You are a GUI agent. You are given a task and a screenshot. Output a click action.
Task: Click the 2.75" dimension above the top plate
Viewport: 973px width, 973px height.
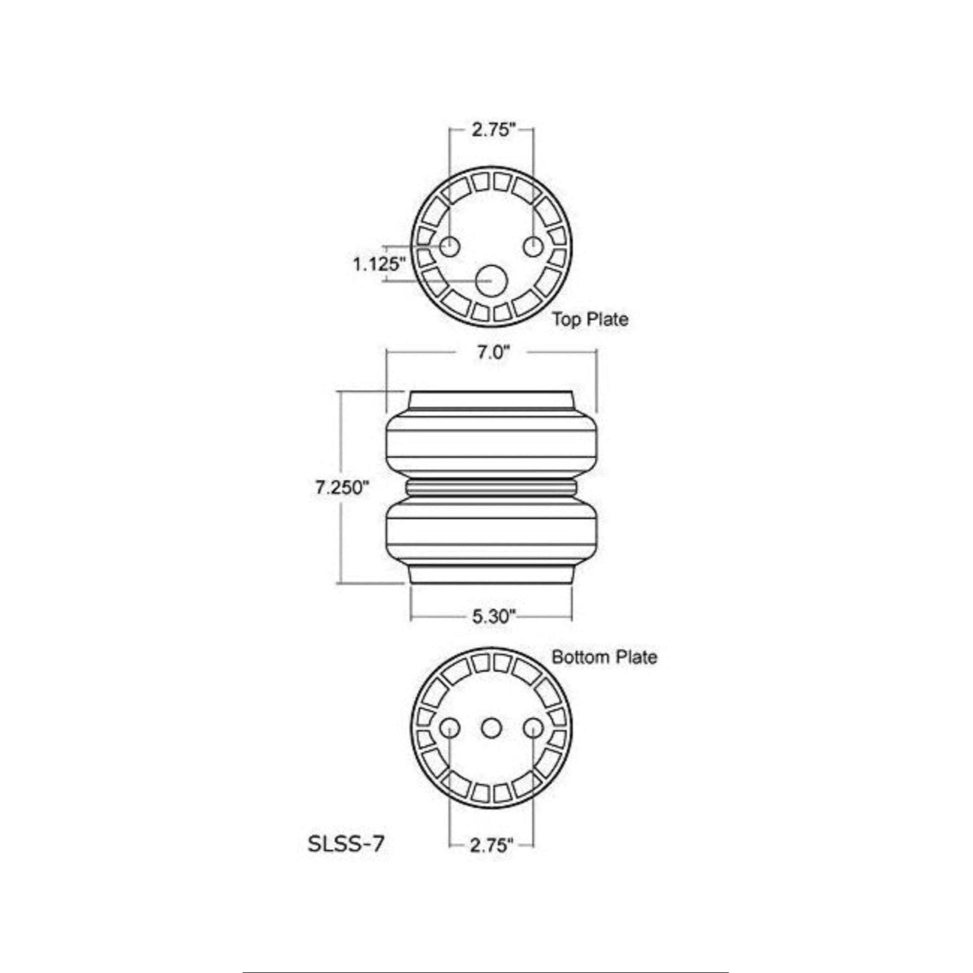pos(491,130)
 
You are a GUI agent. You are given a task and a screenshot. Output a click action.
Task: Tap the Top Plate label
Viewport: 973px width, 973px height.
pos(590,319)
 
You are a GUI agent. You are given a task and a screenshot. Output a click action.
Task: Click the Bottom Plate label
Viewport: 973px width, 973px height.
pos(604,657)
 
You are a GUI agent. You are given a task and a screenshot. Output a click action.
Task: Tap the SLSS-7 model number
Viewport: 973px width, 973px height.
pos(345,844)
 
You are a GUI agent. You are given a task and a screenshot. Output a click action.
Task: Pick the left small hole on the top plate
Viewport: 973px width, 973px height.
pos(449,247)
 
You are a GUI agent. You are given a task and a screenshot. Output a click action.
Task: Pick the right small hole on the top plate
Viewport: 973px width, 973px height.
pos(533,247)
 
